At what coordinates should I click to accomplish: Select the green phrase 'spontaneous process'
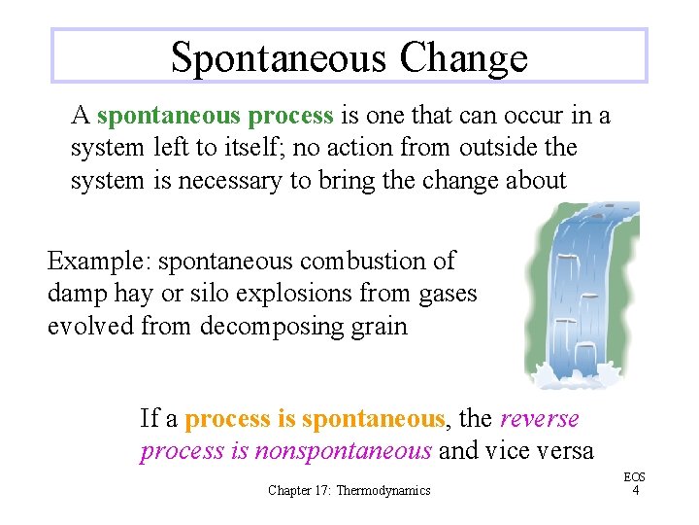coord(216,117)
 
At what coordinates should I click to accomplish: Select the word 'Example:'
coord(99,262)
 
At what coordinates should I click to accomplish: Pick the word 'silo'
coord(214,294)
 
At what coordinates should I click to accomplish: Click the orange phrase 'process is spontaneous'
coord(315,420)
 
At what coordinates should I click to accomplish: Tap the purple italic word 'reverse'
coord(539,419)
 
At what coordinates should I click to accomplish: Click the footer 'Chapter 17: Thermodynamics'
coord(349,491)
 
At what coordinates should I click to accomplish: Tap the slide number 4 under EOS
coord(635,491)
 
